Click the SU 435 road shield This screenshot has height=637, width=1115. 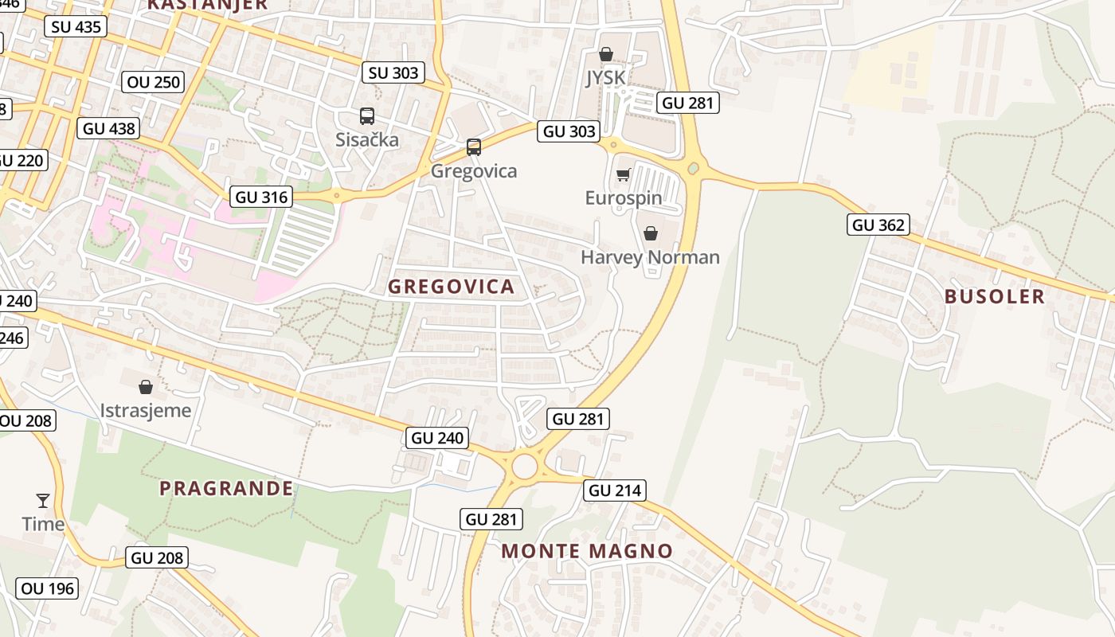(76, 26)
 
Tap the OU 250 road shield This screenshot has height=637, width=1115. (155, 81)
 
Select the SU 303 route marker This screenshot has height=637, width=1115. (393, 72)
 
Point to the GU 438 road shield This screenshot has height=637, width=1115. (110, 128)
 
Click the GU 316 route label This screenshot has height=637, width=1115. (261, 197)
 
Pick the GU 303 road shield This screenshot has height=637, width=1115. (569, 131)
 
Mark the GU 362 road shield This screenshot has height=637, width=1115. (878, 225)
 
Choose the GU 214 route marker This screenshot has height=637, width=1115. (616, 490)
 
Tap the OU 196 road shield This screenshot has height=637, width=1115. (47, 588)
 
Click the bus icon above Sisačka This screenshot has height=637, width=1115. (366, 116)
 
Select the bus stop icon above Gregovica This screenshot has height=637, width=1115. (474, 147)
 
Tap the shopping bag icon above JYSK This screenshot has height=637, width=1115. (606, 54)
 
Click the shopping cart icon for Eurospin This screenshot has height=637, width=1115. (623, 174)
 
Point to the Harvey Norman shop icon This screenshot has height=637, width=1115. (651, 233)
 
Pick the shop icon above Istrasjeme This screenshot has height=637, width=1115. (146, 387)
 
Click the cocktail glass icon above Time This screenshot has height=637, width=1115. (43, 501)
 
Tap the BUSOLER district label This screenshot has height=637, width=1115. (994, 296)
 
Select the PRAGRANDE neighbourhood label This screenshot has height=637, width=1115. (226, 488)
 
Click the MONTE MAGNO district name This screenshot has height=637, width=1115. (587, 550)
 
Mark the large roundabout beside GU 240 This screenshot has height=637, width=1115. (524, 467)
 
